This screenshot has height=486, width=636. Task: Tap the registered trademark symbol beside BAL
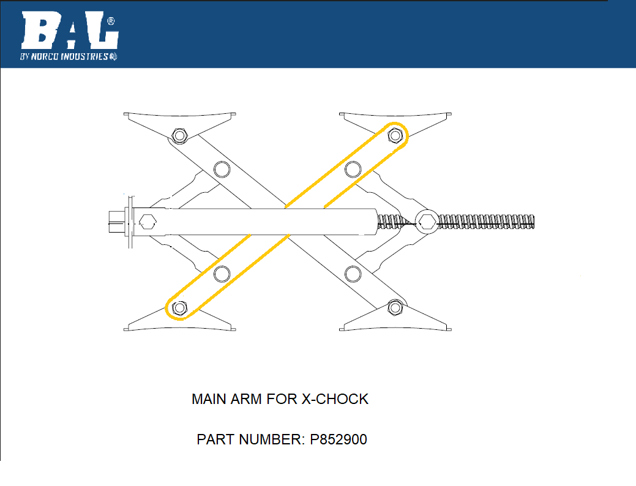[x=111, y=21]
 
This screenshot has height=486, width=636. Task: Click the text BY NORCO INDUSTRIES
[x=64, y=56]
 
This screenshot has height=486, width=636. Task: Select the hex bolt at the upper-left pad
[x=179, y=135]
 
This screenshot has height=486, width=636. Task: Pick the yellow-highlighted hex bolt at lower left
[x=179, y=307]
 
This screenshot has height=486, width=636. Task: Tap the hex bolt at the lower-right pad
[x=395, y=307]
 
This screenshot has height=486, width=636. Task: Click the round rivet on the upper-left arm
[x=222, y=168]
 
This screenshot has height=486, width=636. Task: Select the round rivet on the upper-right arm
[x=353, y=168]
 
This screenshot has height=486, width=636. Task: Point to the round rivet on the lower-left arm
[x=222, y=274]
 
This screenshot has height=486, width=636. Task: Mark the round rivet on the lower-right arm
[x=353, y=274]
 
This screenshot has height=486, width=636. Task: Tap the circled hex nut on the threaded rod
[x=427, y=221]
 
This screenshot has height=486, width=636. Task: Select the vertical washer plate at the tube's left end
[x=130, y=221]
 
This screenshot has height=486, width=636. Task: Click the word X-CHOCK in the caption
[x=335, y=400]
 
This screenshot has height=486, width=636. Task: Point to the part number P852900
[x=339, y=439]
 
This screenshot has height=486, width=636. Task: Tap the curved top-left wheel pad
[x=179, y=117]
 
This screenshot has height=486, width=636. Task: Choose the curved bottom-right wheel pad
[x=397, y=326]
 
